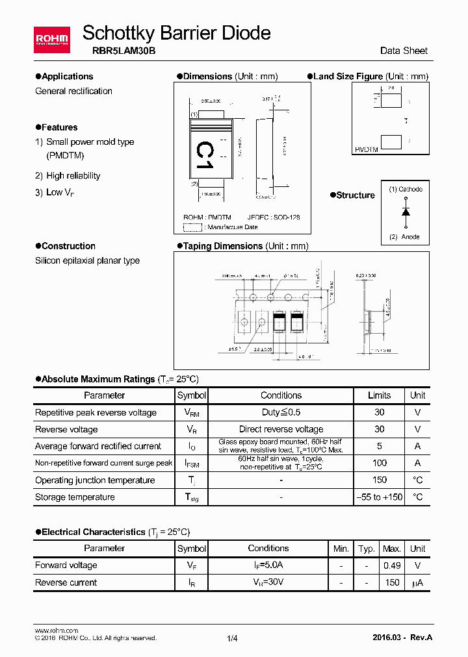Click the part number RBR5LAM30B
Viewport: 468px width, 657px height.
pyautogui.click(x=119, y=50)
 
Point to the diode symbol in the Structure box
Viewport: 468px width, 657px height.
pyautogui.click(x=406, y=212)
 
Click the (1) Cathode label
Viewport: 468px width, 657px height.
pyautogui.click(x=406, y=190)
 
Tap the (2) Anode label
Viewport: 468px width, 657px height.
pyautogui.click(x=404, y=237)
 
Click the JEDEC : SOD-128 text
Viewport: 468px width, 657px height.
pyautogui.click(x=274, y=217)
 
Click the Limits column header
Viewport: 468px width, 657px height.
pyautogui.click(x=379, y=395)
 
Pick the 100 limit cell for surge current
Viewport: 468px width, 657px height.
pyautogui.click(x=379, y=463)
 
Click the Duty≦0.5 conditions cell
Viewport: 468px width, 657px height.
pyautogui.click(x=281, y=412)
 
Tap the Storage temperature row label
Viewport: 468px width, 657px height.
pyautogui.click(x=75, y=497)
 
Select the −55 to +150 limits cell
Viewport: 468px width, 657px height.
pyautogui.click(x=379, y=497)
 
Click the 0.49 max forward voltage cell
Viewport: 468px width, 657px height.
pyautogui.click(x=392, y=565)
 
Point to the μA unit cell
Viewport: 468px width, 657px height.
pyautogui.click(x=417, y=583)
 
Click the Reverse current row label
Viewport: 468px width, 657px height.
pyautogui.click(x=66, y=583)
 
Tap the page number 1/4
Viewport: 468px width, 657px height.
pyautogui.click(x=233, y=638)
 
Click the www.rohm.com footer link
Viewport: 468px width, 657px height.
pyautogui.click(x=56, y=630)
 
